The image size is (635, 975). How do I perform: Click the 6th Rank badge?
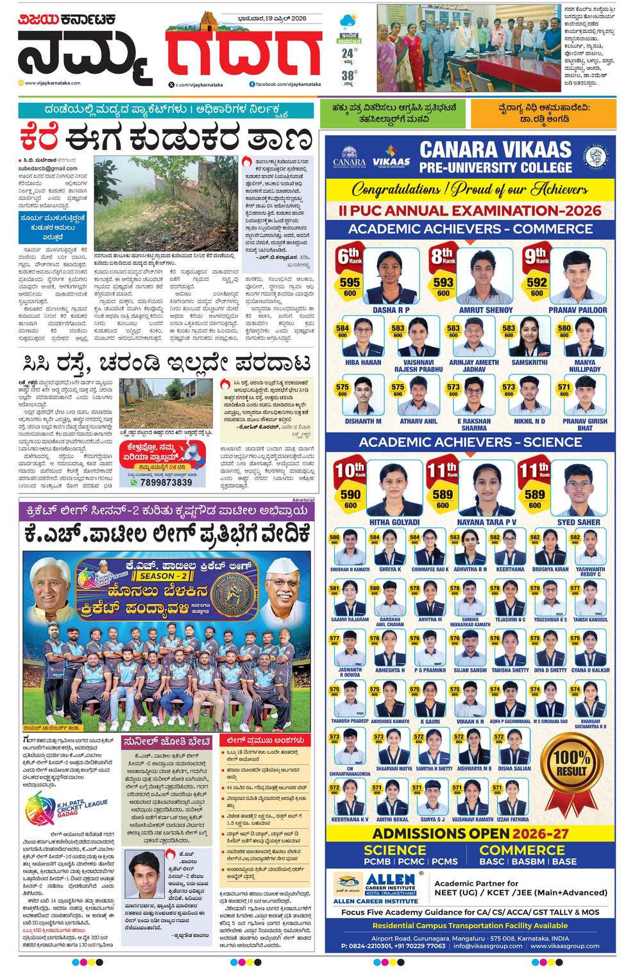click(x=350, y=257)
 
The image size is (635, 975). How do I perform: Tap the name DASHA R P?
click(x=391, y=310)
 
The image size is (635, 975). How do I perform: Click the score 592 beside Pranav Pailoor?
click(x=537, y=282)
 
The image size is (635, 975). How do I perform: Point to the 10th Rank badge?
click(x=350, y=471)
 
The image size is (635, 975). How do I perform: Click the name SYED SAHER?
click(x=579, y=522)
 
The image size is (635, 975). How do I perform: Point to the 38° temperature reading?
click(x=348, y=74)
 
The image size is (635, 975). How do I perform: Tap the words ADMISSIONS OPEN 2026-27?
click(x=470, y=833)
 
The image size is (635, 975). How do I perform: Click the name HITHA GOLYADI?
click(x=394, y=522)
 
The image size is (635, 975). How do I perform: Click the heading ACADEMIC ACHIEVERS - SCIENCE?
click(x=470, y=442)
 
